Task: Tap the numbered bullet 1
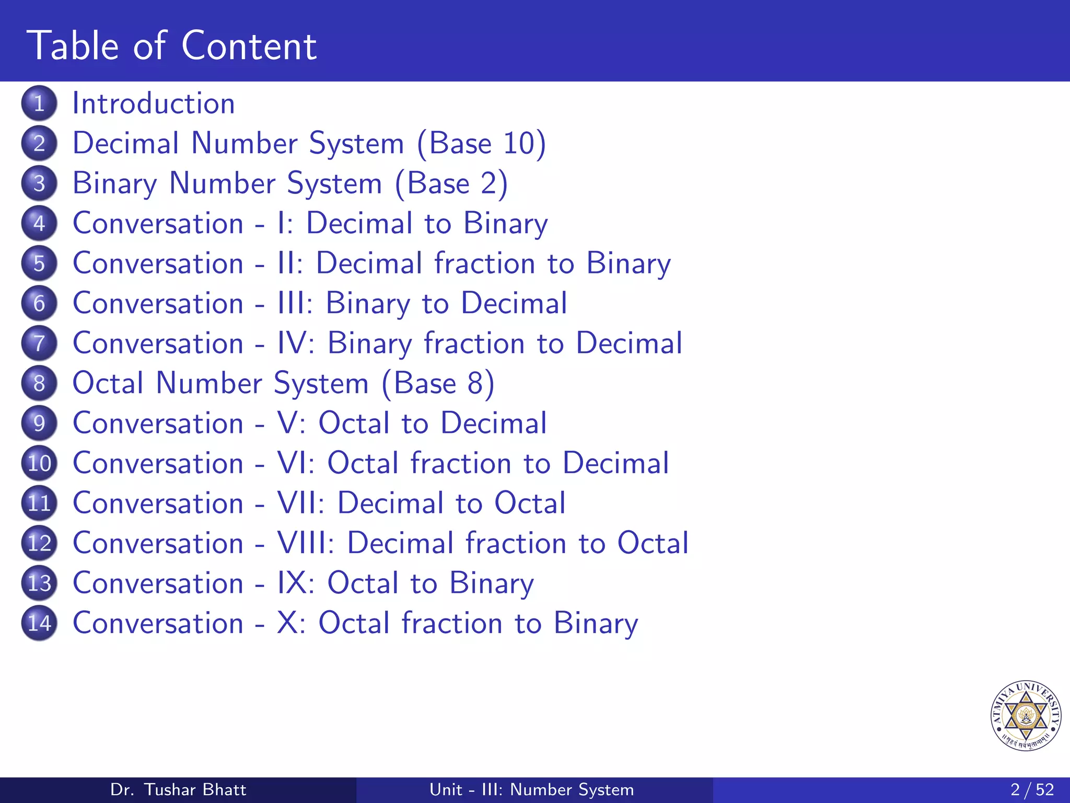(39, 104)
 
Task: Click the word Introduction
(153, 104)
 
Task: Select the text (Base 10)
(481, 143)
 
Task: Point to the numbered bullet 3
(39, 183)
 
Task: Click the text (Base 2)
(451, 183)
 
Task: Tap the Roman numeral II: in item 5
(290, 263)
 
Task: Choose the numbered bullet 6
(39, 303)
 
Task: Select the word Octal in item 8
(108, 383)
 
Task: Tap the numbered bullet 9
(39, 423)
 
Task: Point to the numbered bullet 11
(39, 503)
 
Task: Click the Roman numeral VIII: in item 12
(306, 543)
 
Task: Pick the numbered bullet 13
(39, 583)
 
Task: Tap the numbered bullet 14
(39, 623)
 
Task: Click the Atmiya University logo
(1026, 715)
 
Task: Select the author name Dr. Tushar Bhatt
(178, 789)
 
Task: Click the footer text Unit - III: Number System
(531, 789)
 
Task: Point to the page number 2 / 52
(1032, 789)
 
